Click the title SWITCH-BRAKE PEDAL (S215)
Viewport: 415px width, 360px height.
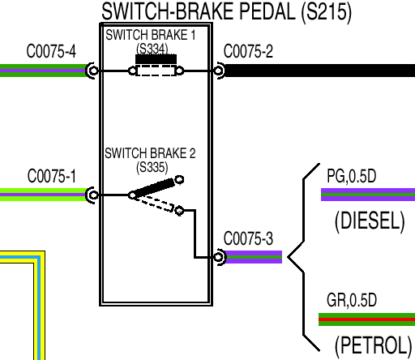[x=227, y=12]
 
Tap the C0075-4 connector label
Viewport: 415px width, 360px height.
[x=51, y=51]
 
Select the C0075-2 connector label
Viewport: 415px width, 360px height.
[x=248, y=51]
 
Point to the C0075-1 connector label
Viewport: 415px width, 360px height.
[x=51, y=176]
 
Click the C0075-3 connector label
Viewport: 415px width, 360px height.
[x=248, y=238]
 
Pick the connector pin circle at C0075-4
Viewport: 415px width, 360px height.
[x=93, y=71]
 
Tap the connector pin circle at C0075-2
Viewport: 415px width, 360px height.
[x=218, y=71]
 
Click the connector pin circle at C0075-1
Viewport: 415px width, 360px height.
[x=93, y=195]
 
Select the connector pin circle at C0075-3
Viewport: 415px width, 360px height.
[x=218, y=257]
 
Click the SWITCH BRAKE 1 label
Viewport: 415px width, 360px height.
[x=151, y=35]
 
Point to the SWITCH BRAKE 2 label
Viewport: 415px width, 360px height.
[x=150, y=153]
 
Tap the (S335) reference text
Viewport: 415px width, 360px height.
[x=152, y=167]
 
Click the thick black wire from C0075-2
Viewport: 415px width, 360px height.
[x=319, y=71]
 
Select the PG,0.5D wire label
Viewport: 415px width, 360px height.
[x=352, y=176]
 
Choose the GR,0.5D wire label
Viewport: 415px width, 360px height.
[x=352, y=300]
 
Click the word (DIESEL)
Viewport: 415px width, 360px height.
[x=370, y=221]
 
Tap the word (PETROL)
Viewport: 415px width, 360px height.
[x=373, y=345]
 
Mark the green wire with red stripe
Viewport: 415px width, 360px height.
[x=366, y=319]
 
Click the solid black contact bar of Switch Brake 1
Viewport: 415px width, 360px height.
[x=156, y=59]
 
